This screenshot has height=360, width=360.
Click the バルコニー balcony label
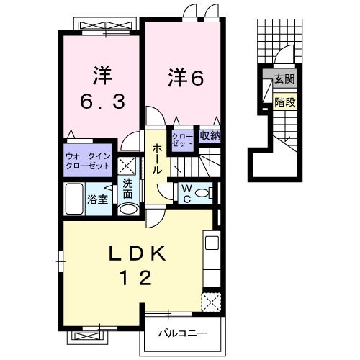coord(184,334)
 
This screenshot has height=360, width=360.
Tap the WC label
coord(184,192)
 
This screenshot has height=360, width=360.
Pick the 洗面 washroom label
coord(127,189)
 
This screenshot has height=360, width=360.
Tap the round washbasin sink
coord(127,209)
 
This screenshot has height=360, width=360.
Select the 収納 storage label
coord(210,135)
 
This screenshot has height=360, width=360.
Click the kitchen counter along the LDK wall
coord(211,259)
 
